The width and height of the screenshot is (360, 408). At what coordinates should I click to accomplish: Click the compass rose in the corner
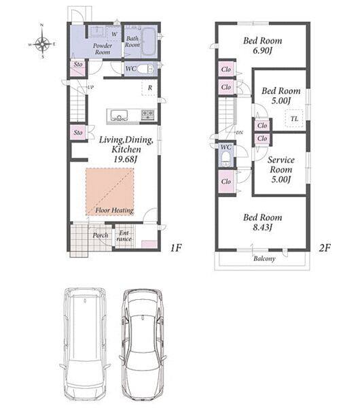(42, 43)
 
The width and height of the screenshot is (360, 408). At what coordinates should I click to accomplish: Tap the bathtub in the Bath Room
(149, 41)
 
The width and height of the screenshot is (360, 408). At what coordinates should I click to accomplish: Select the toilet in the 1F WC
(145, 69)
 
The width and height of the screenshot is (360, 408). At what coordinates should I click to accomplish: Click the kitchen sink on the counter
(119, 115)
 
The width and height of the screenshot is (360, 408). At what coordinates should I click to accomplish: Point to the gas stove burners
(147, 114)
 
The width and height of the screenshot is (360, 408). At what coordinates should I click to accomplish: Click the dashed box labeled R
(149, 88)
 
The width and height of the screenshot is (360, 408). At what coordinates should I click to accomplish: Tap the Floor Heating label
(114, 210)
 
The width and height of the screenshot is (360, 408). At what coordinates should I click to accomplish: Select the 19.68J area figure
(125, 159)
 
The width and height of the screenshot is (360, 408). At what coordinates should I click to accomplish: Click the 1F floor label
(176, 248)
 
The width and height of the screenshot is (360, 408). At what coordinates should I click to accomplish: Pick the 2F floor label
(325, 248)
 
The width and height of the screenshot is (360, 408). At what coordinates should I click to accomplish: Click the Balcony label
(264, 258)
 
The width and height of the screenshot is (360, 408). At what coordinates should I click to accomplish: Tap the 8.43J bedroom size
(262, 227)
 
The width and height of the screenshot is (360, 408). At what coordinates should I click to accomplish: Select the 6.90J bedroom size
(262, 50)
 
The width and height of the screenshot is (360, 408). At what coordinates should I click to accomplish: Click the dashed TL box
(294, 119)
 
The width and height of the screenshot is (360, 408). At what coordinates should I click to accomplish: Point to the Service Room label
(281, 165)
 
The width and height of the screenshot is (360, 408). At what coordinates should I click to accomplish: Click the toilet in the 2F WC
(226, 158)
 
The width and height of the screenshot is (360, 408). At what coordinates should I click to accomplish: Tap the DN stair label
(239, 133)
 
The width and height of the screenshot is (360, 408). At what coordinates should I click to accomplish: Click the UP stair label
(90, 88)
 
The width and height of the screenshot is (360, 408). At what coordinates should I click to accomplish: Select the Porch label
(101, 235)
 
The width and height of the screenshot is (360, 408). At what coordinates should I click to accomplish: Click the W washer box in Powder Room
(114, 34)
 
